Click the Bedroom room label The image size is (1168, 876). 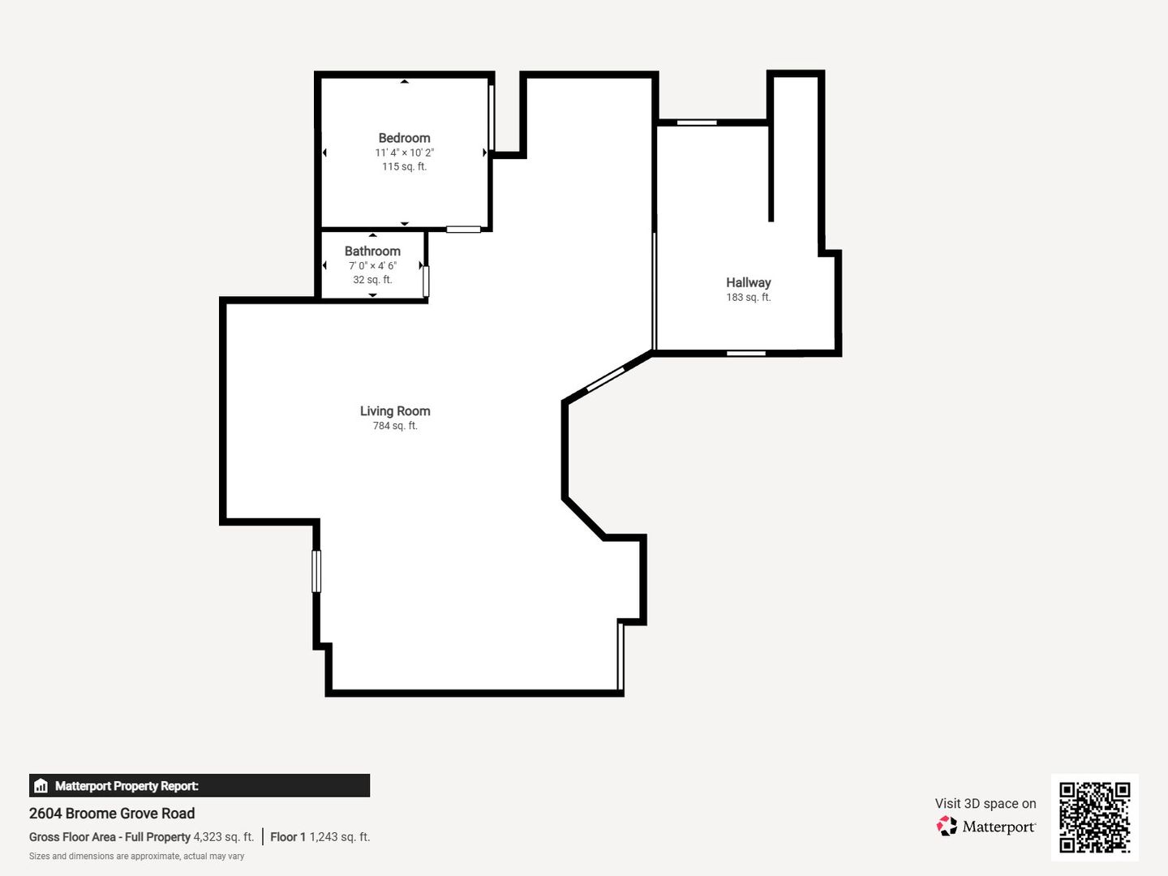405,138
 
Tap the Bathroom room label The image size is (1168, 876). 372,251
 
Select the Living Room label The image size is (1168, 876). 395,411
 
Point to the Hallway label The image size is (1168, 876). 748,283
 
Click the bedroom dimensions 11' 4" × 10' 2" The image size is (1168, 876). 405,152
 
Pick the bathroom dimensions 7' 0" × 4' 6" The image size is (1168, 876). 372,265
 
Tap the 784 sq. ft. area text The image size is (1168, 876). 395,426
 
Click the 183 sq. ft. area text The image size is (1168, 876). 748,298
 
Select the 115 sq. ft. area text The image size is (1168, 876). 405,166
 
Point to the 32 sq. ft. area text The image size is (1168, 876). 372,279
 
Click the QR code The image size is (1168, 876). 1094,818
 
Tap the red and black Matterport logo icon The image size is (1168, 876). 947,826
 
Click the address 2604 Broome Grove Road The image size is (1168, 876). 112,814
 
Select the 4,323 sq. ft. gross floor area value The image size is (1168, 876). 224,836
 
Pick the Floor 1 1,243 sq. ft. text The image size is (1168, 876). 320,836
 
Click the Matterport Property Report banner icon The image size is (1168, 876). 41,786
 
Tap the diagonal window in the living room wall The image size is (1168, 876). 606,379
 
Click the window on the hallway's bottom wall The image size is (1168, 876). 746,353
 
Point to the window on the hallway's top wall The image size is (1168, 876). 697,122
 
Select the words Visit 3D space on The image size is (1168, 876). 985,804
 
